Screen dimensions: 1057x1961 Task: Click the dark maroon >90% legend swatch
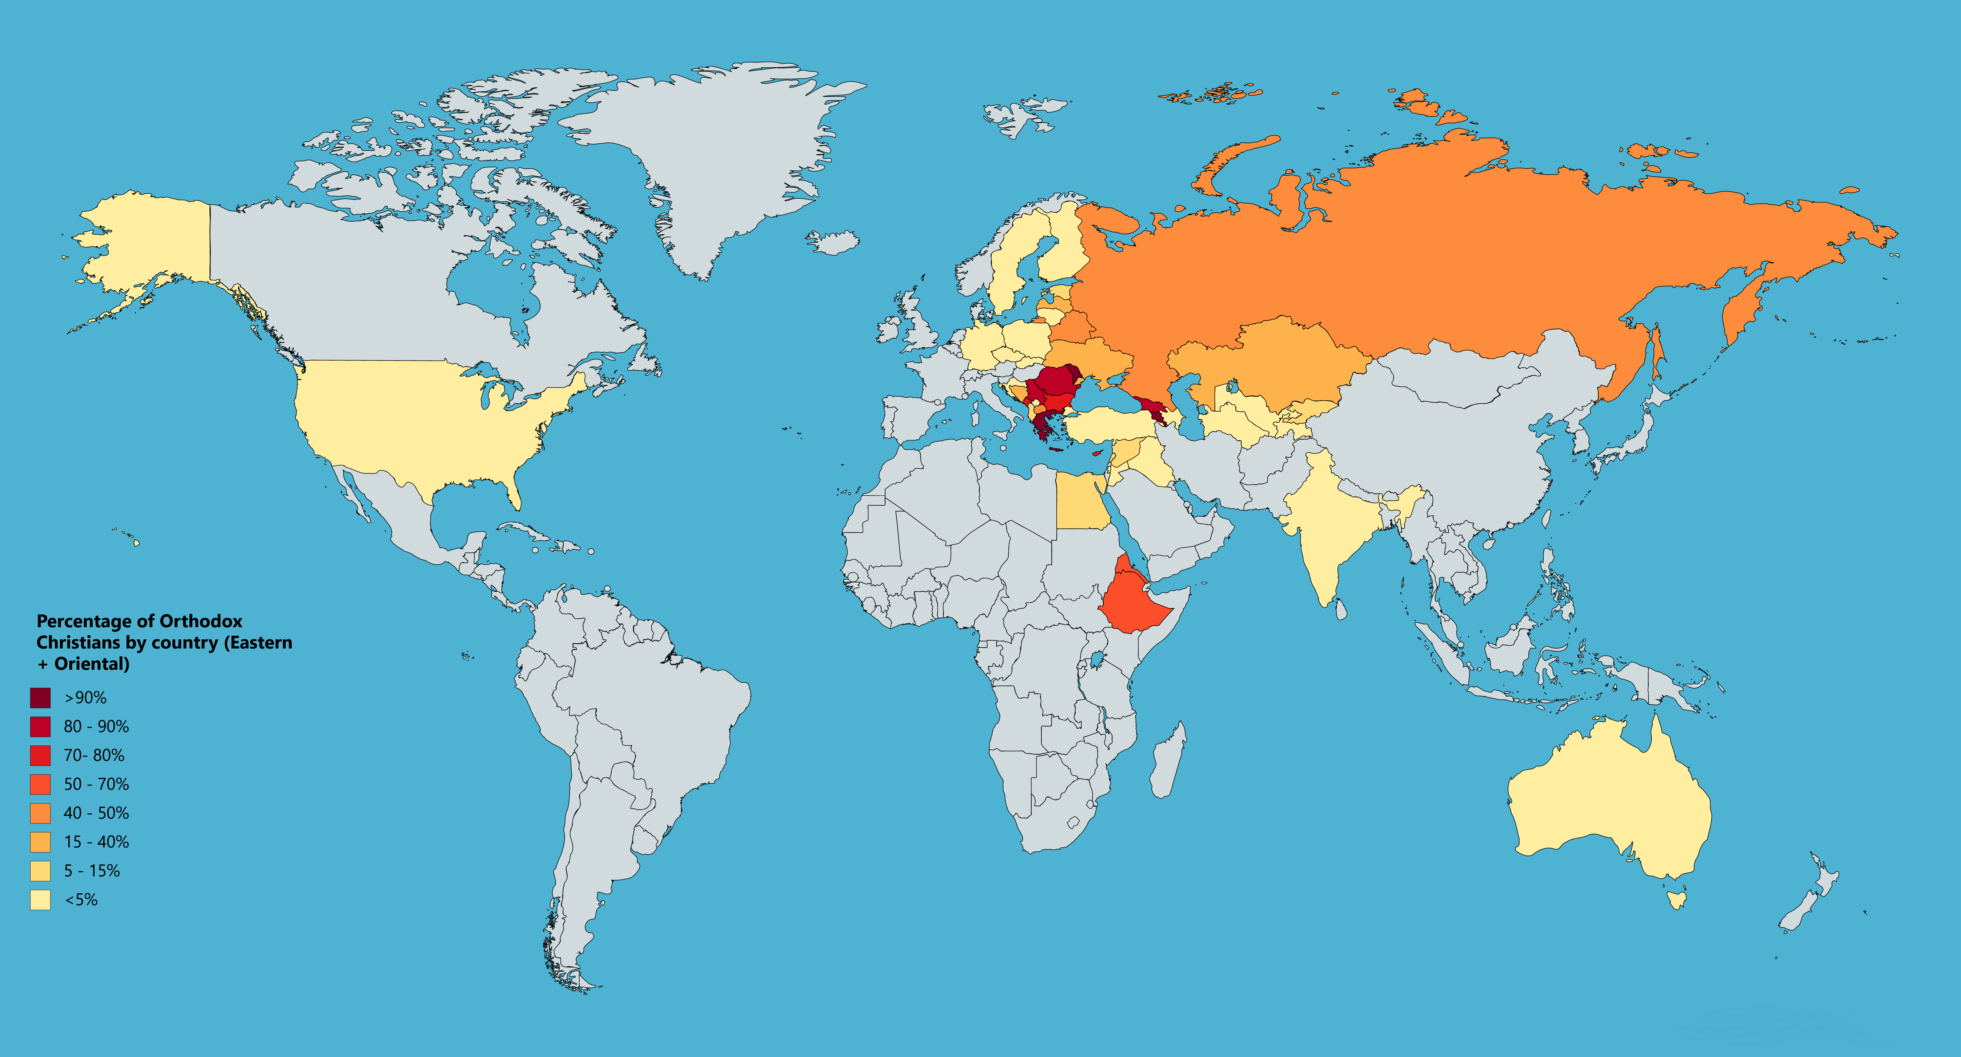[40, 698]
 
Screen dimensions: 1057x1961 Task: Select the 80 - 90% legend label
[96, 727]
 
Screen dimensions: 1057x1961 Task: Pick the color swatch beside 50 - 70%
[40, 784]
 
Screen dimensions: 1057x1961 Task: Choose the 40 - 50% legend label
[96, 813]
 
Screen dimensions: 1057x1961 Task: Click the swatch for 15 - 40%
[40, 842]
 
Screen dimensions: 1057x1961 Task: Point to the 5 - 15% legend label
[91, 871]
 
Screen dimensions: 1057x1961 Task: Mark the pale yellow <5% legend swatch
[40, 900]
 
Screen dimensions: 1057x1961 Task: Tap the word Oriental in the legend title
[91, 664]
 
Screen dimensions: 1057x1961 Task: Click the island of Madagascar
[1167, 761]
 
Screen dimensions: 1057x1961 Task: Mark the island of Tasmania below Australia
[1676, 900]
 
